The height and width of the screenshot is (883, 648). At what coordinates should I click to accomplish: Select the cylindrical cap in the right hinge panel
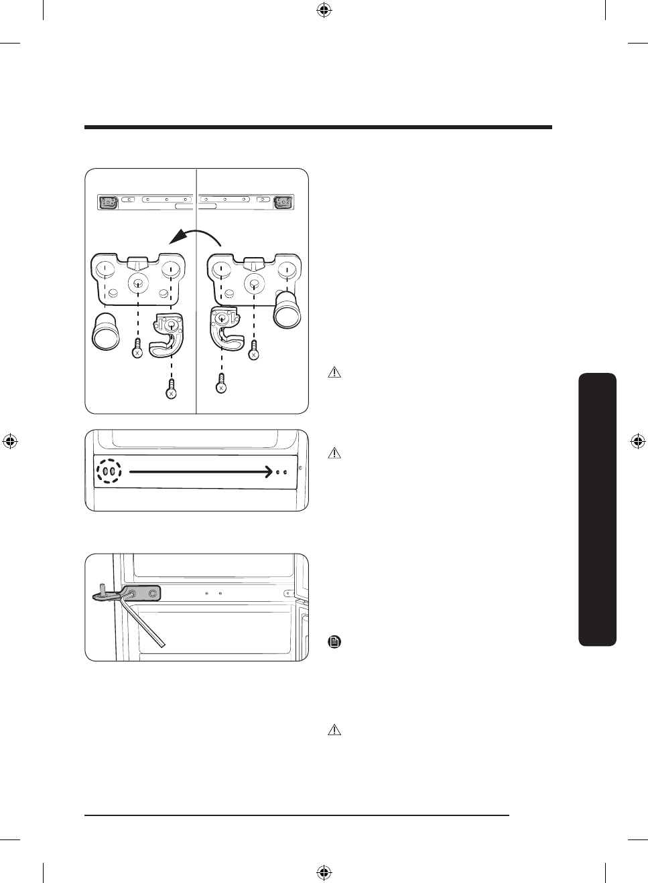click(x=287, y=309)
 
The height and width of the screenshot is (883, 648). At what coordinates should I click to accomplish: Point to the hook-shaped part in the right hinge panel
click(x=225, y=329)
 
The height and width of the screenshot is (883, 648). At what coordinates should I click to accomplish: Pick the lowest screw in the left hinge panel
click(x=172, y=389)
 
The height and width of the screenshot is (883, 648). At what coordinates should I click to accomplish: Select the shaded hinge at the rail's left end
click(x=108, y=202)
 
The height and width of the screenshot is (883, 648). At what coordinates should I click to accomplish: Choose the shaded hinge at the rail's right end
click(x=283, y=202)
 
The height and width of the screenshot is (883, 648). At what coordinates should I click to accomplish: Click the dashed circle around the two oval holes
click(x=109, y=471)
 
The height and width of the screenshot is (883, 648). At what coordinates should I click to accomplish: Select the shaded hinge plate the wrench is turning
click(x=141, y=594)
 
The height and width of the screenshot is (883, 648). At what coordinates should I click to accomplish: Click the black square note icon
click(x=334, y=642)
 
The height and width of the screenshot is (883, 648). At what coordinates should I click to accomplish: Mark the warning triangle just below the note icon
click(x=334, y=730)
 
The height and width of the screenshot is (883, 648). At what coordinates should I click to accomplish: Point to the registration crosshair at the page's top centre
click(x=324, y=10)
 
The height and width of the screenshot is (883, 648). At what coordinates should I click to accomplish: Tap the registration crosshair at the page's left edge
click(x=10, y=441)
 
